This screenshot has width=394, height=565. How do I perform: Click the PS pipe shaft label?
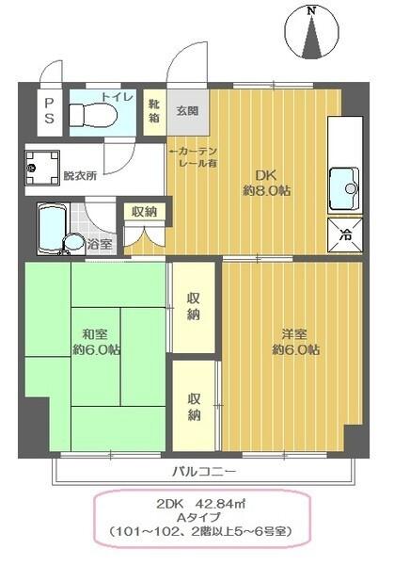click(49, 110)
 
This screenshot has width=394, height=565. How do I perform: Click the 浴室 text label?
click(100, 245)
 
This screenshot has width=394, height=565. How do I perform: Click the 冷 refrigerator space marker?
click(344, 235)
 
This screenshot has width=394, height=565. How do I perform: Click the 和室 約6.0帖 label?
click(98, 340)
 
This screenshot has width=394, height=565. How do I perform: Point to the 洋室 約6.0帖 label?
click(295, 341)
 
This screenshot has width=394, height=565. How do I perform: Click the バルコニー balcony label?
click(203, 470)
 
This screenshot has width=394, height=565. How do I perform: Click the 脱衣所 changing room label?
click(80, 175)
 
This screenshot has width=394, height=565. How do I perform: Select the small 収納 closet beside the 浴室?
click(144, 211)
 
